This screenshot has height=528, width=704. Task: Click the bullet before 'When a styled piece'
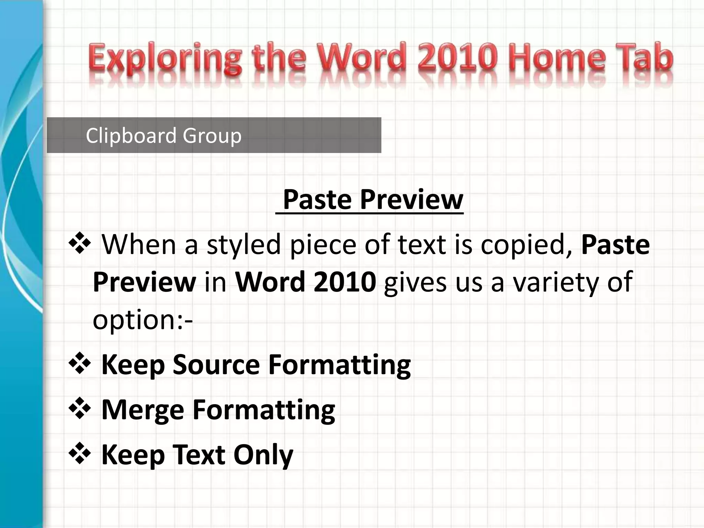click(x=80, y=243)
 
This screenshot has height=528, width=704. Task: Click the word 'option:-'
click(x=143, y=320)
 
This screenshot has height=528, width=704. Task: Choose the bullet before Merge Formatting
click(x=80, y=408)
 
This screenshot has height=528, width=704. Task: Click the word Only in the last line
click(x=263, y=454)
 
